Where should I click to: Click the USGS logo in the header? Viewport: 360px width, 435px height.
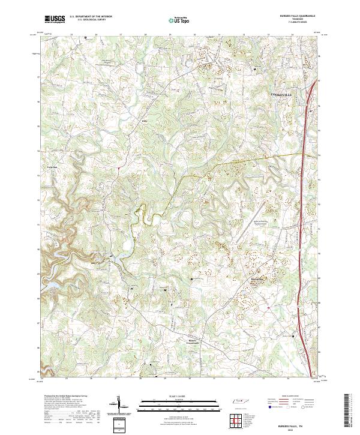[55, 20]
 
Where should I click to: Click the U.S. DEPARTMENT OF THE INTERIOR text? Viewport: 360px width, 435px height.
[90, 16]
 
